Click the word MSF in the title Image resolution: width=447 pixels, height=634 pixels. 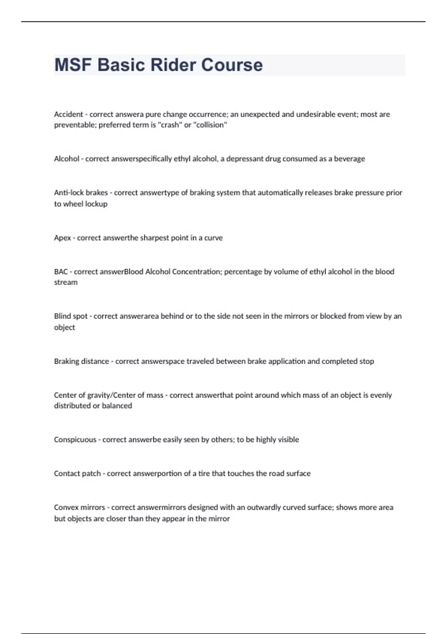click(73, 65)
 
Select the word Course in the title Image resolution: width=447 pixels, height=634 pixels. click(232, 65)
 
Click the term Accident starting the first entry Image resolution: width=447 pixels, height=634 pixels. click(69, 114)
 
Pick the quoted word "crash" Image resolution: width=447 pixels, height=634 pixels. click(170, 125)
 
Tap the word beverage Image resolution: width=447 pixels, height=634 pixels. click(349, 159)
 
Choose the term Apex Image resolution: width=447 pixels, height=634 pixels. click(62, 238)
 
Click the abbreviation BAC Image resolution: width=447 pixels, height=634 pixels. click(61, 272)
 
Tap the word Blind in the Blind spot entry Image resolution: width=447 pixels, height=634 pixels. click(62, 316)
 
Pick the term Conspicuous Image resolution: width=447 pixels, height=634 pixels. click(75, 440)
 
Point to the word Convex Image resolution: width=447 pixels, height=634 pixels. click(66, 508)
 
